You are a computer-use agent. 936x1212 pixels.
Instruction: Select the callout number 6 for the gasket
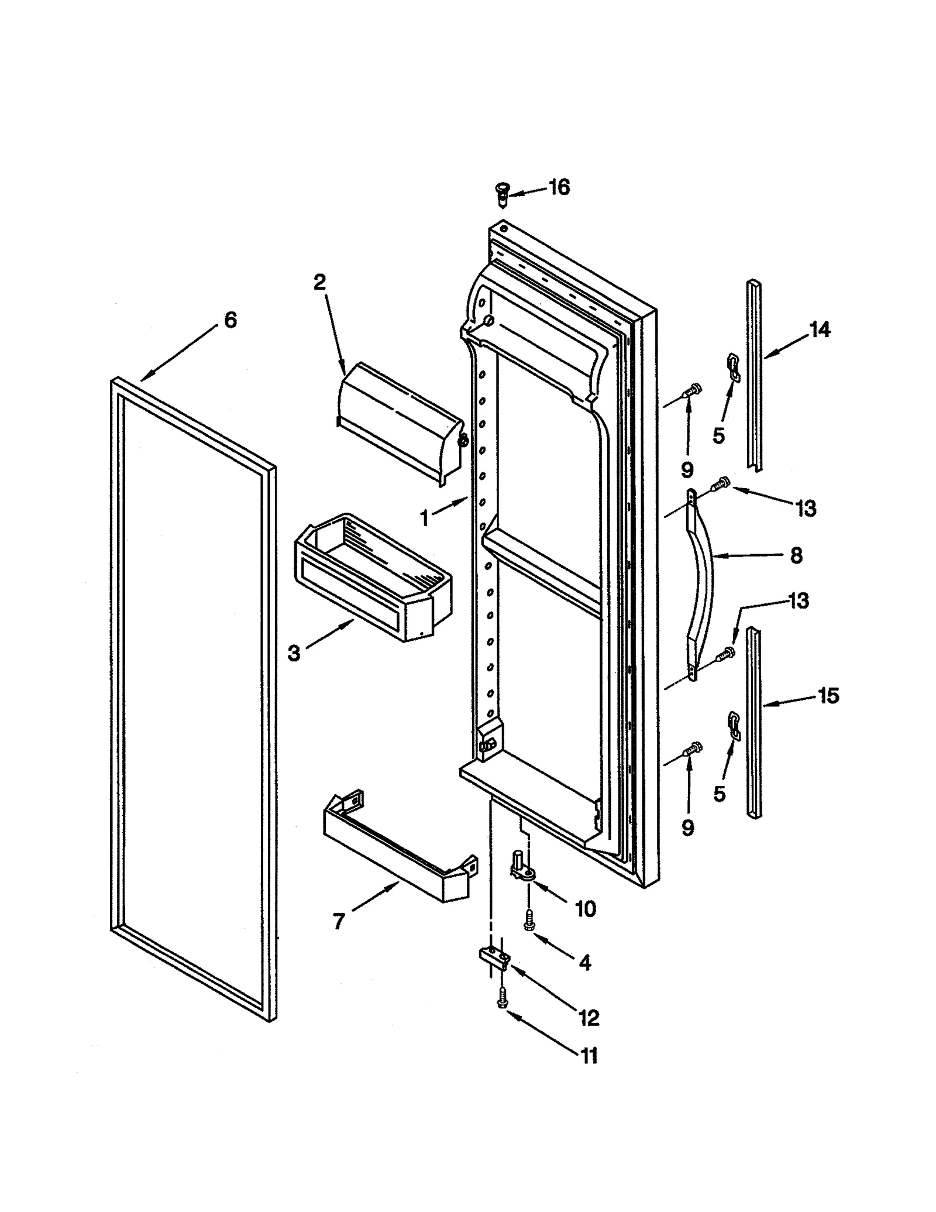point(230,320)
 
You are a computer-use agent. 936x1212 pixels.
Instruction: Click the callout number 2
point(319,283)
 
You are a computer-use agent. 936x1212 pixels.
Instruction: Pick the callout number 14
point(820,330)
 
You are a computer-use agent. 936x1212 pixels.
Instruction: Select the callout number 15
point(828,696)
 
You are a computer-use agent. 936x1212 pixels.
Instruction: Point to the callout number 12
point(589,1018)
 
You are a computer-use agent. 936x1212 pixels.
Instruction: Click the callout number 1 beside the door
point(425,518)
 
